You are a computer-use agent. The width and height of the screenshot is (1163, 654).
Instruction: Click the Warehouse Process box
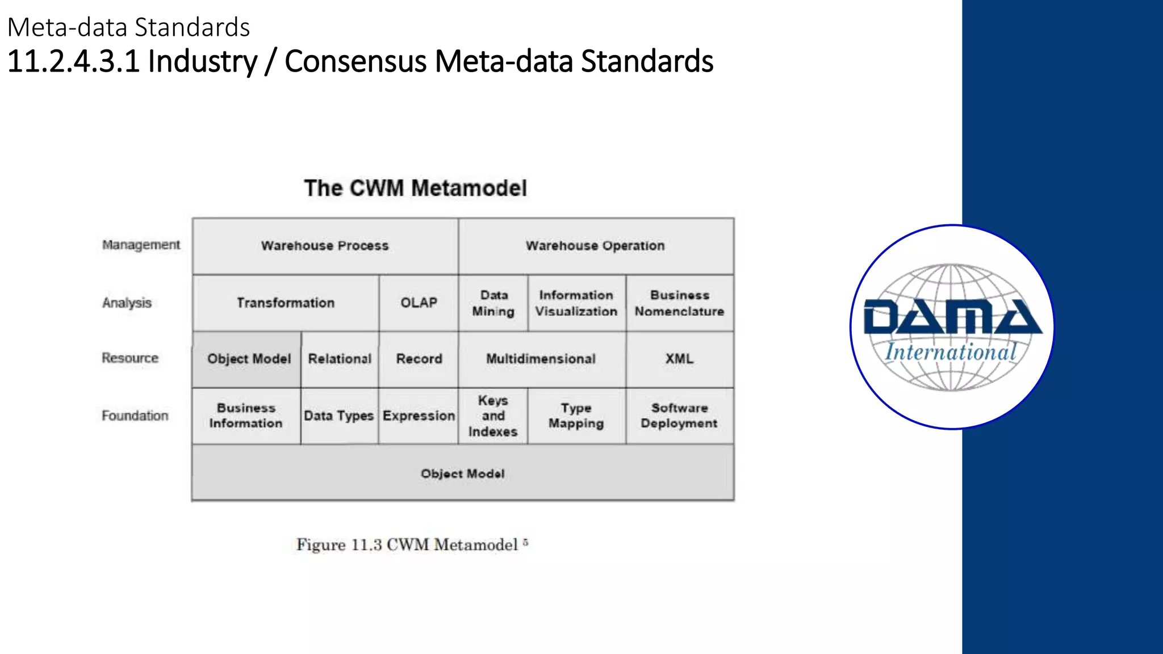tap(325, 246)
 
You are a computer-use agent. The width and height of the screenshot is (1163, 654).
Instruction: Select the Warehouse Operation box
tap(595, 246)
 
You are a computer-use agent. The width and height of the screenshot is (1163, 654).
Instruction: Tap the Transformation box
tap(286, 303)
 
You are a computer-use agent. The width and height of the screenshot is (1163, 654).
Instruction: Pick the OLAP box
tap(419, 303)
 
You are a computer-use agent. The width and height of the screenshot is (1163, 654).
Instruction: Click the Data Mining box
tap(493, 303)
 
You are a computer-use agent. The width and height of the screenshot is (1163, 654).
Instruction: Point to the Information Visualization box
tap(576, 303)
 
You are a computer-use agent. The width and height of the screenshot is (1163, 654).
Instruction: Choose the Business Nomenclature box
tap(679, 303)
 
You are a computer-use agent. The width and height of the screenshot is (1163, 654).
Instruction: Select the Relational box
tap(340, 359)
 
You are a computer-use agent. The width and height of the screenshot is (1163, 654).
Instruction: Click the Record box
tap(419, 359)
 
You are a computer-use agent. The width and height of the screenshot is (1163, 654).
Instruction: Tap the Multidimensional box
tap(541, 359)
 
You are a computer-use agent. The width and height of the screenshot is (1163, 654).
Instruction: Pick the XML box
tap(679, 359)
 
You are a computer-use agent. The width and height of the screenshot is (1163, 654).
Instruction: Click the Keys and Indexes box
tap(493, 416)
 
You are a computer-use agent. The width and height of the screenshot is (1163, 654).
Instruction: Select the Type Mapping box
tap(576, 416)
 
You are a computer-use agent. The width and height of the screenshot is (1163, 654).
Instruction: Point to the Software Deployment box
tap(679, 416)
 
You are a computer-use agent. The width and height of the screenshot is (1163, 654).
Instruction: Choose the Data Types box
tap(339, 416)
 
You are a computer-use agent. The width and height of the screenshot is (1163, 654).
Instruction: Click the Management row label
tap(141, 245)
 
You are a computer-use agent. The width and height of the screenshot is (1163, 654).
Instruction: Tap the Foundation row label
tap(135, 416)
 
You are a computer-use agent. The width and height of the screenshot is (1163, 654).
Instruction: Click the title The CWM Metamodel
tap(415, 188)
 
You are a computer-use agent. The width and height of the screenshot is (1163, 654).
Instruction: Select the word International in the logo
tap(951, 353)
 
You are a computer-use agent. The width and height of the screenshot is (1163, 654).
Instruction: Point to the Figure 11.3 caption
tap(412, 544)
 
